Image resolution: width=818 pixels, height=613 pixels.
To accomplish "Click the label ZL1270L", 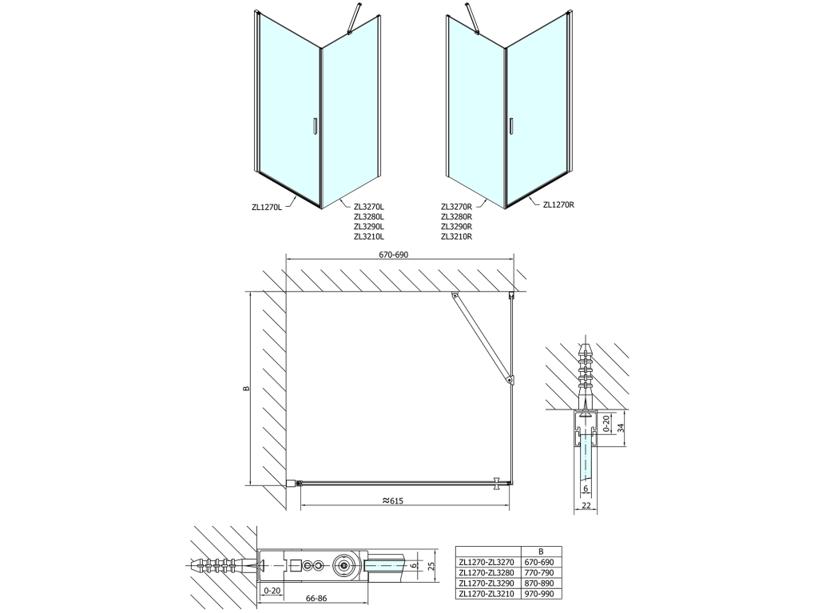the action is [267, 207].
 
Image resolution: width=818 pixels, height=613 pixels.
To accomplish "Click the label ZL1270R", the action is [558, 205].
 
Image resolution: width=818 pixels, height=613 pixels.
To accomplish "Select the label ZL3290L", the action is [369, 227].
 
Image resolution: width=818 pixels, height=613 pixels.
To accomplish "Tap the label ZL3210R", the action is [456, 236].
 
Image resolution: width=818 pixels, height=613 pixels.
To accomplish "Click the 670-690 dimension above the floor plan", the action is [394, 255].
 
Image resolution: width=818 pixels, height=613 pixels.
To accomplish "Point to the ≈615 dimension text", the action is [393, 501].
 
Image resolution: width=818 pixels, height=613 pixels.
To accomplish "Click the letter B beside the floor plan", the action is [247, 389].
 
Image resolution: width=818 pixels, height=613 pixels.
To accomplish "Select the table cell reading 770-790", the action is [541, 573].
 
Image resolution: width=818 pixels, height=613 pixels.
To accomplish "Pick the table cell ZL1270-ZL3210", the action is [486, 594].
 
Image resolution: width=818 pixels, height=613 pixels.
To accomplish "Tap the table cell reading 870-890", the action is [541, 583].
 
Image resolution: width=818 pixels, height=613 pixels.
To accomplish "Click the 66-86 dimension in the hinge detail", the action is [316, 599].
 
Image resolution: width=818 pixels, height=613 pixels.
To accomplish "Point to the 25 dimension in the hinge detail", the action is [431, 567].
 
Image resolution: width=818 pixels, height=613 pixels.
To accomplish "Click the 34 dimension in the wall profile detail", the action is [621, 428].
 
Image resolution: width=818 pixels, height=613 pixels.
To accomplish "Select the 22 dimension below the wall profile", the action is [586, 505].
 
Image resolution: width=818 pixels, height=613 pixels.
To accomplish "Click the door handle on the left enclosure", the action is [314, 127].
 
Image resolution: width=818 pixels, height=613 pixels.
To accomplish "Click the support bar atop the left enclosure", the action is [354, 19].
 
